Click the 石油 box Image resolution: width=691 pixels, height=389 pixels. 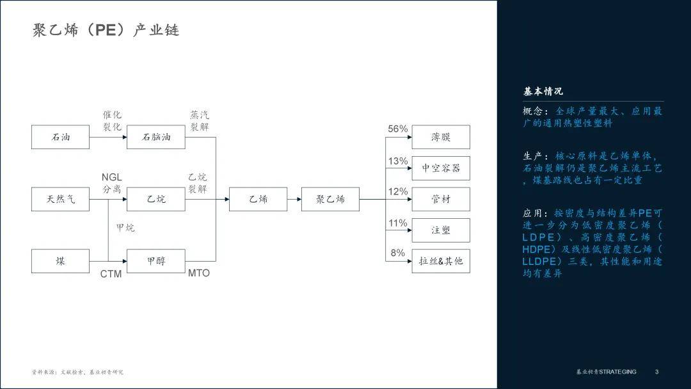(x=61, y=137)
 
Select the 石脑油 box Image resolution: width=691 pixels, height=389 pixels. (x=156, y=137)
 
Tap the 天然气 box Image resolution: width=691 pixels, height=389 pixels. (x=61, y=199)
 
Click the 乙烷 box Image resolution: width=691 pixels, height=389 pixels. (x=156, y=199)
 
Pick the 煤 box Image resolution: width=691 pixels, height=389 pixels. (x=61, y=261)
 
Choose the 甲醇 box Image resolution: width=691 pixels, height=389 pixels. (x=156, y=261)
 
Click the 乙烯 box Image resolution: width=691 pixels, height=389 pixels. (x=258, y=199)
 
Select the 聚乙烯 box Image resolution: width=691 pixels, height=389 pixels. (x=330, y=199)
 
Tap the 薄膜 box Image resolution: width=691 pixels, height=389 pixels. (x=441, y=137)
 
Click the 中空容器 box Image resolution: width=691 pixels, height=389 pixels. (x=441, y=168)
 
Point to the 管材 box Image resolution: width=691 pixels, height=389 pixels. (x=441, y=199)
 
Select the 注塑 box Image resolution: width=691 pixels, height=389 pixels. (x=441, y=230)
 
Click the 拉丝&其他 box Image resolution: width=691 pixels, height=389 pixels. (x=441, y=261)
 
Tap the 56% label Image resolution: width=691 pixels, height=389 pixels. (x=397, y=129)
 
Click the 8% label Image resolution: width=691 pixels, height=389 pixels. (x=397, y=253)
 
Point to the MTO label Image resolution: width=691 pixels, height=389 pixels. (x=198, y=273)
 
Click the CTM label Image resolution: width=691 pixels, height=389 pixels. (x=111, y=274)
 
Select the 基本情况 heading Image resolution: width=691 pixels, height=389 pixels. (x=543, y=91)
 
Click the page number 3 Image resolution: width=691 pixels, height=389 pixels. (x=656, y=372)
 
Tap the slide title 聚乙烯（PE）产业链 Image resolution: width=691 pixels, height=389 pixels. (x=106, y=30)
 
